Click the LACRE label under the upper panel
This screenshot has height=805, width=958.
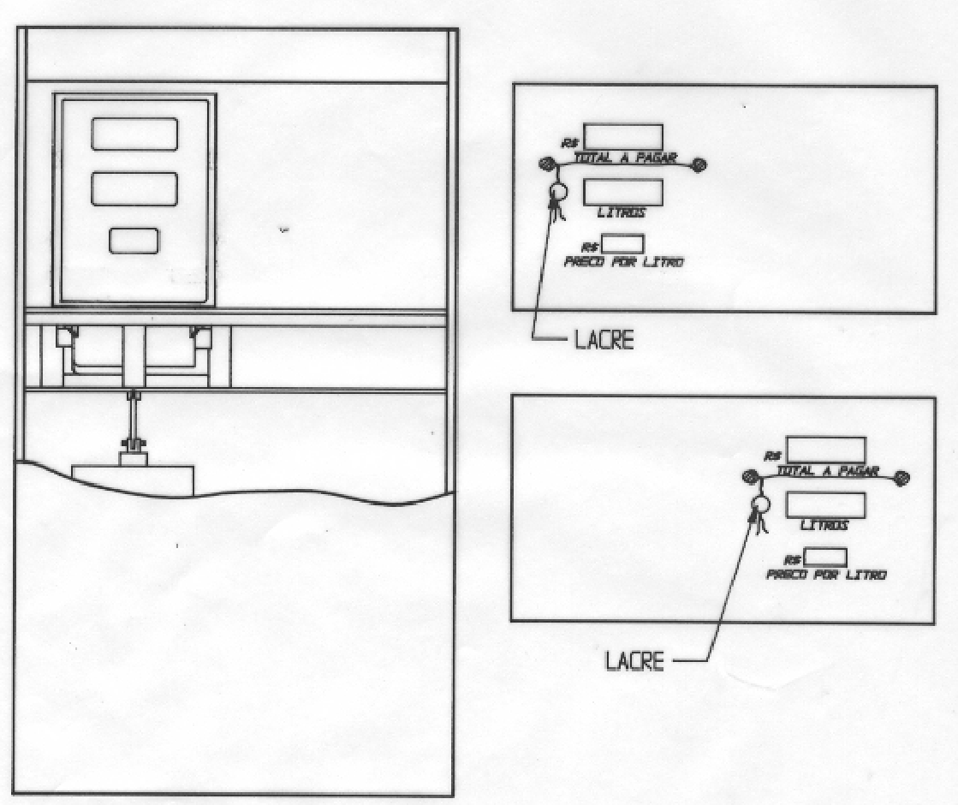[x=604, y=341]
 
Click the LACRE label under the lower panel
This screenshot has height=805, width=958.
[x=634, y=661]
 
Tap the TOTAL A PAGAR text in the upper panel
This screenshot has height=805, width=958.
[x=625, y=158]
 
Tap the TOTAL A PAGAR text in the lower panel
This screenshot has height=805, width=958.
[x=827, y=471]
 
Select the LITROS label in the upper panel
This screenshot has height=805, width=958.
[x=622, y=212]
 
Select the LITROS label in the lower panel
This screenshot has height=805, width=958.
[x=824, y=524]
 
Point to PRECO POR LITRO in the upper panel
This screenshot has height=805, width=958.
[x=623, y=261]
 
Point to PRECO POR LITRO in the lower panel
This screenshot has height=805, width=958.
[x=826, y=575]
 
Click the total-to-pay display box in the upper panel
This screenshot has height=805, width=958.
[x=623, y=137]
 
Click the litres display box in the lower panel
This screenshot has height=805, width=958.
[x=825, y=504]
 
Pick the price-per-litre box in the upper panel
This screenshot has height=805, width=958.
[x=622, y=244]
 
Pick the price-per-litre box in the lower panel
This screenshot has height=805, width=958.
[x=825, y=557]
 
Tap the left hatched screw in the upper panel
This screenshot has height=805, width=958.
[x=546, y=164]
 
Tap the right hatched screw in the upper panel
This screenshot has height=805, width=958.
[x=699, y=164]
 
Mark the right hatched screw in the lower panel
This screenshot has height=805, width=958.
[x=901, y=477]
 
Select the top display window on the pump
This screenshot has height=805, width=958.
[x=134, y=134]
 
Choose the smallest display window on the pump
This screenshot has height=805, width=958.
[x=134, y=241]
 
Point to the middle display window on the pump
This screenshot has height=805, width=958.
[x=134, y=189]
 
